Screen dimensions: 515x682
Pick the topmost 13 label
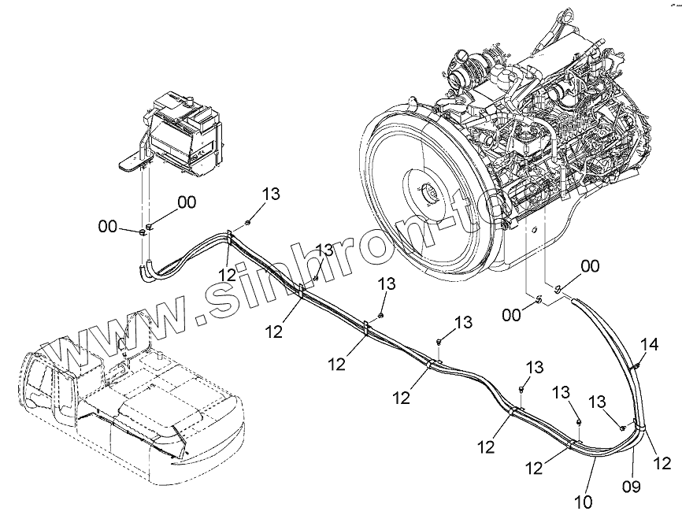[x=271, y=195]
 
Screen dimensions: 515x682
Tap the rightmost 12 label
[x=662, y=462]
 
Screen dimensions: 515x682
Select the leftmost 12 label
[x=228, y=275]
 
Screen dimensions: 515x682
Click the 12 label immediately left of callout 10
[x=535, y=468]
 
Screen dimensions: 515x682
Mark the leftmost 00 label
[x=107, y=227]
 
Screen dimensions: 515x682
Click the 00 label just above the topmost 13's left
[x=187, y=202]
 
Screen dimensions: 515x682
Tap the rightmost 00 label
[x=590, y=265]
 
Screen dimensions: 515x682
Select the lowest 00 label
[x=512, y=315]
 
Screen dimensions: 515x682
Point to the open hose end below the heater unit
[x=144, y=272]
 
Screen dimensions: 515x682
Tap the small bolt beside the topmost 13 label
[x=249, y=221]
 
